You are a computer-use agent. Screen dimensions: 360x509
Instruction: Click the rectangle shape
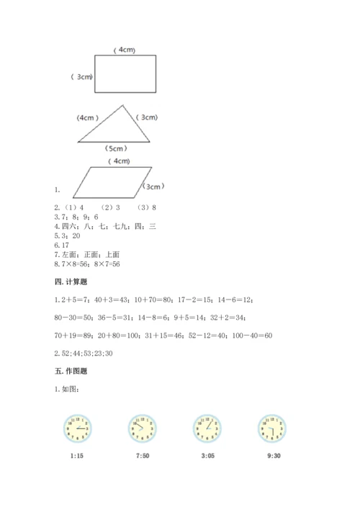click(125, 74)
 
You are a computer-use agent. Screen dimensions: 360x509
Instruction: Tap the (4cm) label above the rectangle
click(125, 50)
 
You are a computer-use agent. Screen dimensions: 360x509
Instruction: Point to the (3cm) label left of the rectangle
click(81, 76)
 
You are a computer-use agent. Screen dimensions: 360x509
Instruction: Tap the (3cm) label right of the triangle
click(148, 117)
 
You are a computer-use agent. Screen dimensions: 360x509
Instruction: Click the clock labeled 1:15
click(77, 429)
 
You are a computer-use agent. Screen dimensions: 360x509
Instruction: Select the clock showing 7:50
click(141, 429)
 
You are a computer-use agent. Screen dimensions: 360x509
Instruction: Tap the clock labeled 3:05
click(206, 429)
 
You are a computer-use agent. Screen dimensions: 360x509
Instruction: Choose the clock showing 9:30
click(270, 429)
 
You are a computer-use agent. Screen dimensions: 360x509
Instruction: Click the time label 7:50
click(141, 455)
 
